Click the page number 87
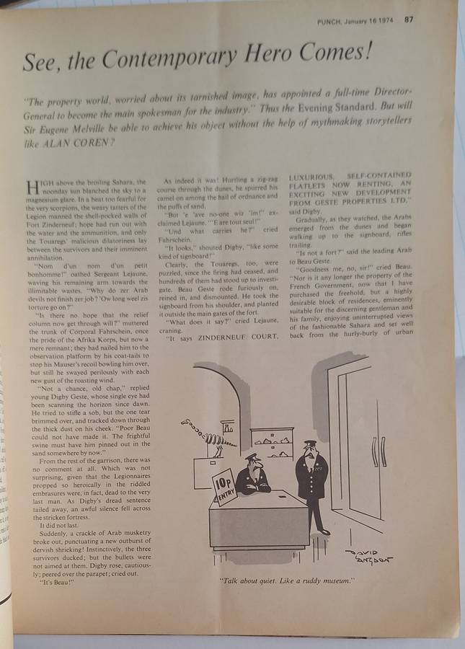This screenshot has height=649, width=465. pos(409,20)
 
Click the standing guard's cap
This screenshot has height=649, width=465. pos(310,444)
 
